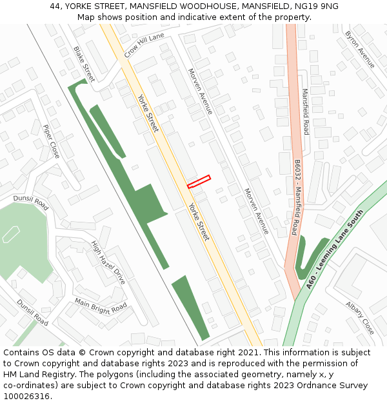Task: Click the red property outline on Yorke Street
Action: (x=199, y=182)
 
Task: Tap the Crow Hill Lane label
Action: (x=144, y=45)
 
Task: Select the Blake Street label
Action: (x=84, y=64)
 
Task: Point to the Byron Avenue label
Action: (x=360, y=49)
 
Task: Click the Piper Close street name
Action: (x=51, y=141)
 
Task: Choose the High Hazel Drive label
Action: (x=108, y=262)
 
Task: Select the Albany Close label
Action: (x=359, y=317)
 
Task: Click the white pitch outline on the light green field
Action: (x=11, y=234)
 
